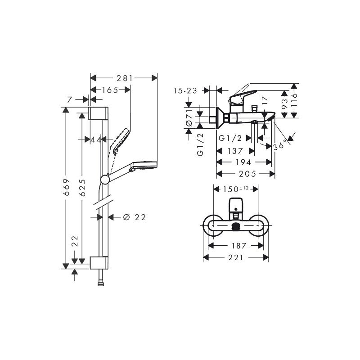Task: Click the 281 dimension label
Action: tap(125, 78)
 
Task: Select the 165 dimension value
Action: tap(110, 90)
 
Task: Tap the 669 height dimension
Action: tap(66, 187)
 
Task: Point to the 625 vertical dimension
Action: tap(82, 188)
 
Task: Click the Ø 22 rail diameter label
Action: tap(135, 217)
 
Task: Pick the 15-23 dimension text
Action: tap(185, 91)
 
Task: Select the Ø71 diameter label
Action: tap(189, 117)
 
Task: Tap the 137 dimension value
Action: tap(235, 151)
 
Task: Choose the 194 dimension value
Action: tap(243, 162)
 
